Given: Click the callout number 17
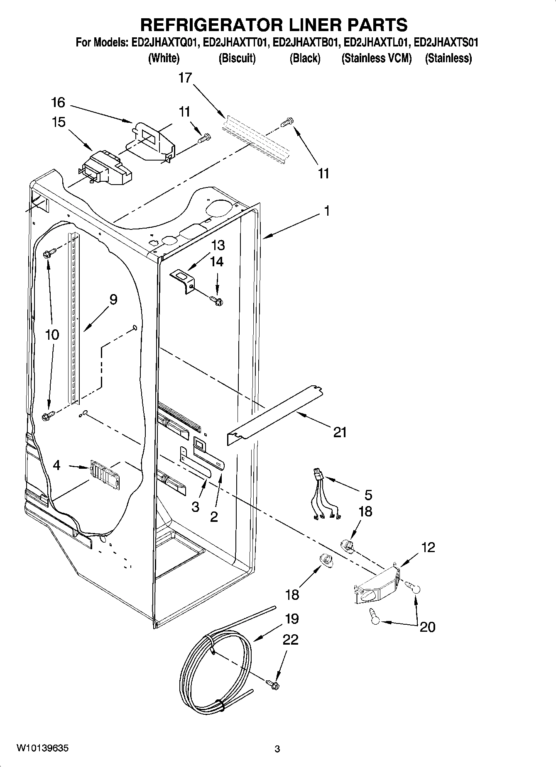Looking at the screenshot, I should [185, 78].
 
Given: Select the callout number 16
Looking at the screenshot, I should [59, 102].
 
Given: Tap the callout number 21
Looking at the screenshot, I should [340, 433].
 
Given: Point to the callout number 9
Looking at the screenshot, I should [113, 299].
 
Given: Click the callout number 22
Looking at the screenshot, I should [290, 640].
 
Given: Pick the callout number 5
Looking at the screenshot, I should [368, 495].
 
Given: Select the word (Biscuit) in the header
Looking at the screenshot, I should [237, 58].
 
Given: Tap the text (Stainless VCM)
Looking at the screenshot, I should [376, 58].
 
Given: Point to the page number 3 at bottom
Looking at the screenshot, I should [277, 749].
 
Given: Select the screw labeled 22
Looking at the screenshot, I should [273, 686].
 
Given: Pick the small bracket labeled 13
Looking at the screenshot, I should [184, 280].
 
